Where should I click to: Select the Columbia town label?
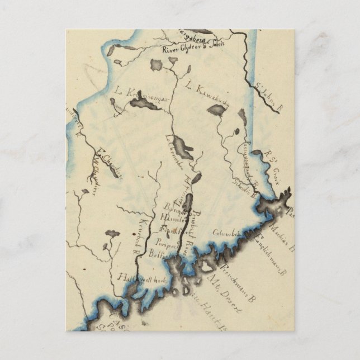tap(226, 233)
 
